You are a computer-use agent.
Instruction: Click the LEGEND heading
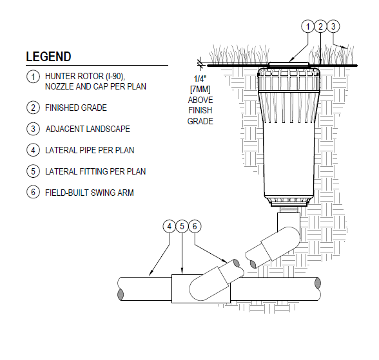coord(48,57)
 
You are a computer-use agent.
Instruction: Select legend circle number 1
coord(33,77)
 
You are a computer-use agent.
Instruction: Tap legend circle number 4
coord(33,150)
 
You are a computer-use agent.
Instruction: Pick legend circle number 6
coord(33,193)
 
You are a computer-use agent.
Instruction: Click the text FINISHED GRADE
coord(76,108)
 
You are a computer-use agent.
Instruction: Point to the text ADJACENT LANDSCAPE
coord(88,129)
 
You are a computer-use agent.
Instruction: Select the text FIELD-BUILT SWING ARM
coord(90,193)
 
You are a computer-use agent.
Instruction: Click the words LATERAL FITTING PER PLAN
coord(95,171)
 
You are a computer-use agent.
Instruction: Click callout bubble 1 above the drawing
coord(307,26)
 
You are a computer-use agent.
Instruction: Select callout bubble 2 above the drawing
coord(320,26)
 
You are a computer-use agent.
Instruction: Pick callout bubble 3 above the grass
coord(333,26)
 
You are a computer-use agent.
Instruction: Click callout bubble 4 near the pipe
coord(169,226)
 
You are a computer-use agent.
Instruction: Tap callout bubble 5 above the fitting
coord(182,226)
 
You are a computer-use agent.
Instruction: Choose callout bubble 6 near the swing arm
coord(195,226)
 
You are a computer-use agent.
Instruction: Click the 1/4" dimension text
coord(200,79)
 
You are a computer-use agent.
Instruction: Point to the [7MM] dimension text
coord(200,90)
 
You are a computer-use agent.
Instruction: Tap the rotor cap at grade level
coord(289,64)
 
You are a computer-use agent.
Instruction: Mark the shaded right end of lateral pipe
coord(318,283)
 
